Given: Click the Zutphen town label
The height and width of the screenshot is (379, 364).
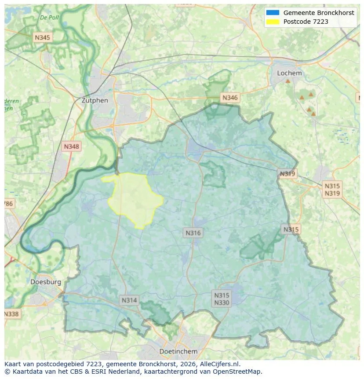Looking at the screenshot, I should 95,100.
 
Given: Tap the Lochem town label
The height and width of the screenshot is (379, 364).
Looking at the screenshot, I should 289,73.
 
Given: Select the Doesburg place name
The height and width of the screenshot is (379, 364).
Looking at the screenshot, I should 46,282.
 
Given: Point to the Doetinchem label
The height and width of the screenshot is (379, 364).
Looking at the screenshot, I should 178,351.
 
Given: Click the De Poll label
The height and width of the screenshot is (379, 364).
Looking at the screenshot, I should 49,18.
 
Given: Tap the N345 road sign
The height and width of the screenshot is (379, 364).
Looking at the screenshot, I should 42,37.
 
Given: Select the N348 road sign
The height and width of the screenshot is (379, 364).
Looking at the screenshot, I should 72,147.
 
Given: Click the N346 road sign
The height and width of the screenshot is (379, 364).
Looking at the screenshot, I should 230,98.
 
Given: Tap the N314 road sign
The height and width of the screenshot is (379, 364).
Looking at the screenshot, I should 129,300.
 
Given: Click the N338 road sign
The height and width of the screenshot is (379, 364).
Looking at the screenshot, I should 11,314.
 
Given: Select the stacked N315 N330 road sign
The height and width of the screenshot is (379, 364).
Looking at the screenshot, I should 222,299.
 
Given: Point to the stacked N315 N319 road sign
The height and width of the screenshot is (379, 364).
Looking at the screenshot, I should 332,190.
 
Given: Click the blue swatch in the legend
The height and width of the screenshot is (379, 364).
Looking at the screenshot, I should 273,13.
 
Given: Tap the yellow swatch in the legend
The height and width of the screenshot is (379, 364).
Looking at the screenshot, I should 273,22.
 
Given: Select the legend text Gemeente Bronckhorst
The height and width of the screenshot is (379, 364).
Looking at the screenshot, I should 318,13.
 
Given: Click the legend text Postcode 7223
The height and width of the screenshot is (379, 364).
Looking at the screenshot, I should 306,22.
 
